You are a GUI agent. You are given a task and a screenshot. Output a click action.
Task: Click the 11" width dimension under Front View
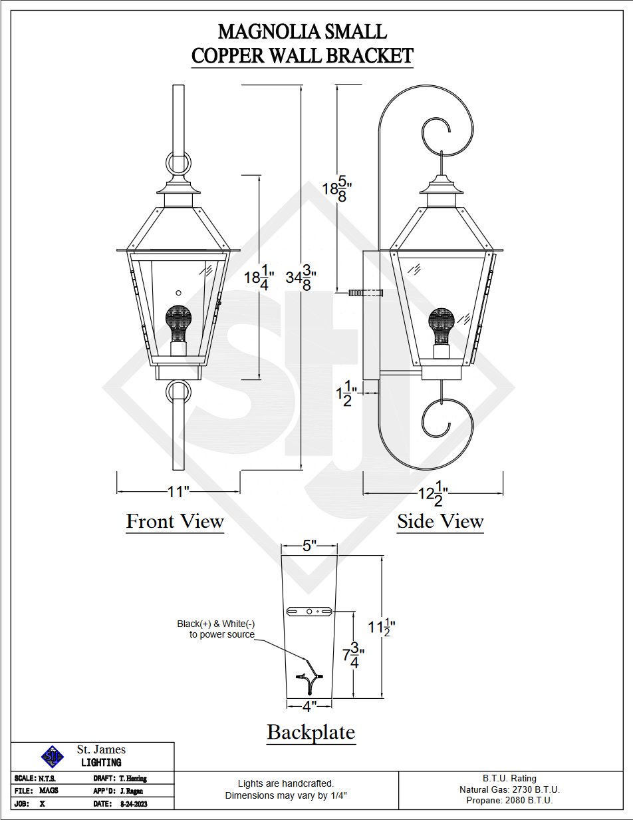coord(178,492)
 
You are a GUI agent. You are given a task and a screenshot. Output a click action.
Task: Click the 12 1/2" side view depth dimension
coord(432,494)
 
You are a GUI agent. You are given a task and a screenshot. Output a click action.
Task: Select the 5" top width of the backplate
coord(309,546)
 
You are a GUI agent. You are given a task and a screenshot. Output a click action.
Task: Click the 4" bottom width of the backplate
coord(309,705)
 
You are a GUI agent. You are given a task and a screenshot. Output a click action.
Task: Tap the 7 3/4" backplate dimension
coord(353,656)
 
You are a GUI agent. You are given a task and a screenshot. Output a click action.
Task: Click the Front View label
coord(175,521)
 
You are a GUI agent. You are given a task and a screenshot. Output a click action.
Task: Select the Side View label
coord(440,522)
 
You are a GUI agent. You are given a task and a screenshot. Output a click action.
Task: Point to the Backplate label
coord(311,732)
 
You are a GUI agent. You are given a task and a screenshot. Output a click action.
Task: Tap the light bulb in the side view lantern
coord(442,324)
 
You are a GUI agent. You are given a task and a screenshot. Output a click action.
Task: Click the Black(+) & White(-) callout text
coord(216,629)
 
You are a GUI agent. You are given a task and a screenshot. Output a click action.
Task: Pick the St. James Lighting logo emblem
coord(53,755)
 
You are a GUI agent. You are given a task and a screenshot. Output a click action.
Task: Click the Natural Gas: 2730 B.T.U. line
coord(509,789)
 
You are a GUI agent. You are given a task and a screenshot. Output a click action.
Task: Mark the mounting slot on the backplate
coord(309,611)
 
